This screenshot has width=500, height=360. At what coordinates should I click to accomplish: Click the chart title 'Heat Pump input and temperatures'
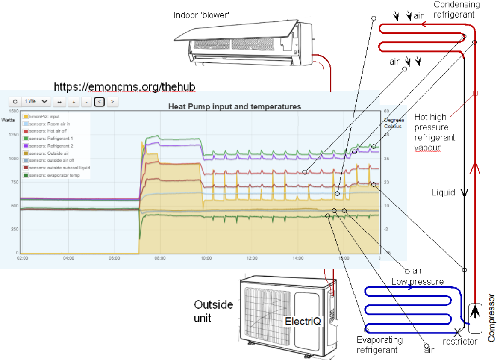[x=235, y=106]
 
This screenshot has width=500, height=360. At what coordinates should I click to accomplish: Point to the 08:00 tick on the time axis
[x=160, y=258]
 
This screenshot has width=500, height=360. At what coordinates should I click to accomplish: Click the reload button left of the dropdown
[x=15, y=102]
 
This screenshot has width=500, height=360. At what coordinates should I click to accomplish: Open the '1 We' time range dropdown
[x=36, y=102]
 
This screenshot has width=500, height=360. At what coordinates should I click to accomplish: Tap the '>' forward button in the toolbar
[x=112, y=102]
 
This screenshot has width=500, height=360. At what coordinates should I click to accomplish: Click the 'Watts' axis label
[x=8, y=120]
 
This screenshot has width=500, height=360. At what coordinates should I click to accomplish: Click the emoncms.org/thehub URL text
[x=124, y=87]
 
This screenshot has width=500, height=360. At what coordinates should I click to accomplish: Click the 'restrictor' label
[x=460, y=342]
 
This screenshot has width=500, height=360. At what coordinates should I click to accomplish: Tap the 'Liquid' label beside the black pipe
[x=443, y=192]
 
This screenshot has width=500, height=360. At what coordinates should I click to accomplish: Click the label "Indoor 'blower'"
[x=202, y=15]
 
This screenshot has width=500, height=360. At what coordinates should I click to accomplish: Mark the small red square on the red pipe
[x=475, y=93]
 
